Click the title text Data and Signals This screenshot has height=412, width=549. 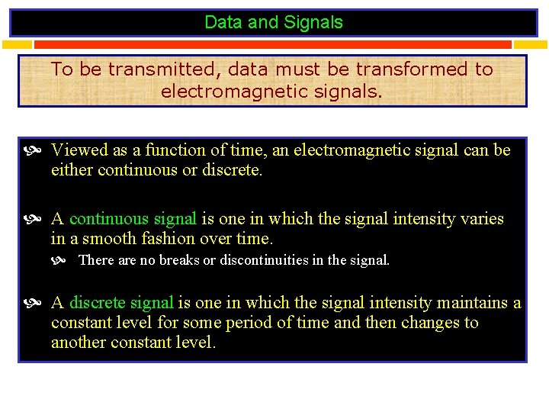(x=274, y=23)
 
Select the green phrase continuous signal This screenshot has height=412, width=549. (x=133, y=219)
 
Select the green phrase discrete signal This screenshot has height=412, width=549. (x=121, y=303)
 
